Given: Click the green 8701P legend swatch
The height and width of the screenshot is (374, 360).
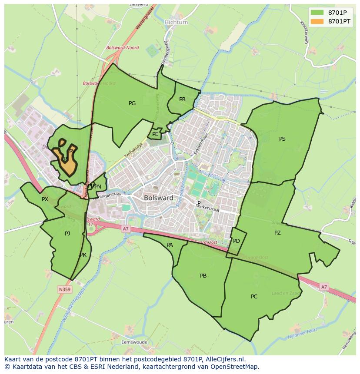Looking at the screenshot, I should click(x=317, y=12).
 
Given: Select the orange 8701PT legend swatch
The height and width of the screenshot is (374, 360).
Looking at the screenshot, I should click(x=317, y=21).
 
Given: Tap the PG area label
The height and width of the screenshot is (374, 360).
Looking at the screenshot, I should click(x=132, y=103).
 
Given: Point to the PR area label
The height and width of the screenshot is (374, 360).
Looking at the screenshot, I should click(x=182, y=99).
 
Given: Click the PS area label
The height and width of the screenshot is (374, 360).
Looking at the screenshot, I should click(x=282, y=139).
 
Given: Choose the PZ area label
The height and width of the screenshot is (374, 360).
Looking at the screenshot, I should click(x=277, y=233).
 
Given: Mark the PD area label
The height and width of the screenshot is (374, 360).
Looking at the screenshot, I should click(x=237, y=241).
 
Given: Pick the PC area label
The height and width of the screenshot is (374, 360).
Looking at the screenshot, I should click(x=254, y=297).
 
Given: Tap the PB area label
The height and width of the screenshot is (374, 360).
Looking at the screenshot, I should click(x=203, y=276).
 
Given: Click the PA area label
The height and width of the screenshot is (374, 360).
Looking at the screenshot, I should click(x=170, y=245).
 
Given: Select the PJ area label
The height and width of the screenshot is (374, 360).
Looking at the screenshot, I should click(x=67, y=234).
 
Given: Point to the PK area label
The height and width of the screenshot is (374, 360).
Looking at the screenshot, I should click(x=83, y=255).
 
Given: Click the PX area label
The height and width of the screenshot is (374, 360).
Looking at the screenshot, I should click(x=45, y=199).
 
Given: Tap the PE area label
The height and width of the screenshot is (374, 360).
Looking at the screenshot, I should click(x=155, y=135).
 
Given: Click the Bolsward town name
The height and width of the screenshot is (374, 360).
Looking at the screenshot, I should click(x=159, y=198).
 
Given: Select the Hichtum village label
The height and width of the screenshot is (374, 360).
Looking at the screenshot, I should click(x=176, y=22).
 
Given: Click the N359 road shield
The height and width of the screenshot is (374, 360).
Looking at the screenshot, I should click(x=64, y=289).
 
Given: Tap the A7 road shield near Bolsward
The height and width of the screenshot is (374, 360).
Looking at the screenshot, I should click(x=126, y=228).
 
